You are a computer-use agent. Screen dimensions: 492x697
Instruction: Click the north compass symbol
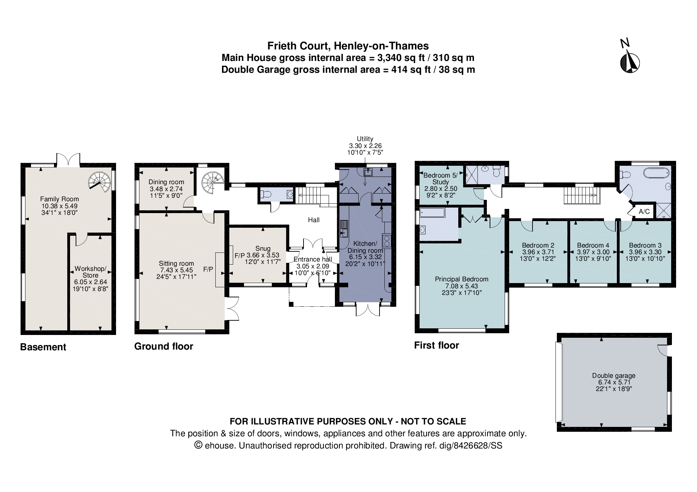[x=630, y=62]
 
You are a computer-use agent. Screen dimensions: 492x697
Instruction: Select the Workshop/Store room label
[x=90, y=272]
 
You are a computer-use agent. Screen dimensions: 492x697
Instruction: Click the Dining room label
[x=166, y=182]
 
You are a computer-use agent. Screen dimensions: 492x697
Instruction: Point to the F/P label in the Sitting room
[x=208, y=269]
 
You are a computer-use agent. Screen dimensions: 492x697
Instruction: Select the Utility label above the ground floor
[x=365, y=139]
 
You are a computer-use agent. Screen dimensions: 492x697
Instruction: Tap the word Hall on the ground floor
[x=314, y=220]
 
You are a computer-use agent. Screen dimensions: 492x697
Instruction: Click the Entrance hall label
[x=312, y=259]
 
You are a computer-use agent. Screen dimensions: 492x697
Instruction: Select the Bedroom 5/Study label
[x=440, y=178]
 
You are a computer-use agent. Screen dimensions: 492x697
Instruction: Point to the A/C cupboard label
[x=644, y=211]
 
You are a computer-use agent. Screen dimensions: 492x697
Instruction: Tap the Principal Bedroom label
[x=461, y=279]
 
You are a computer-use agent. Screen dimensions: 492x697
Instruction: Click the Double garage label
[x=613, y=375]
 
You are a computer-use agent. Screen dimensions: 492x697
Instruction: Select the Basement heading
[x=43, y=347]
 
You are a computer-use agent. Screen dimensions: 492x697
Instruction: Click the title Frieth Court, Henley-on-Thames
[x=348, y=46]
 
